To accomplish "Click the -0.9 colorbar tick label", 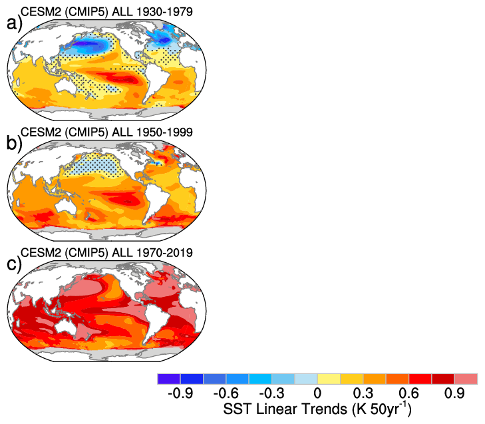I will tap(181, 393).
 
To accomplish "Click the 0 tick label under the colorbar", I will tap(318, 393).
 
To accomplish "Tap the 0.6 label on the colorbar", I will tap(410, 393).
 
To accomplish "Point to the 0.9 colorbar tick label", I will tap(455, 393).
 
